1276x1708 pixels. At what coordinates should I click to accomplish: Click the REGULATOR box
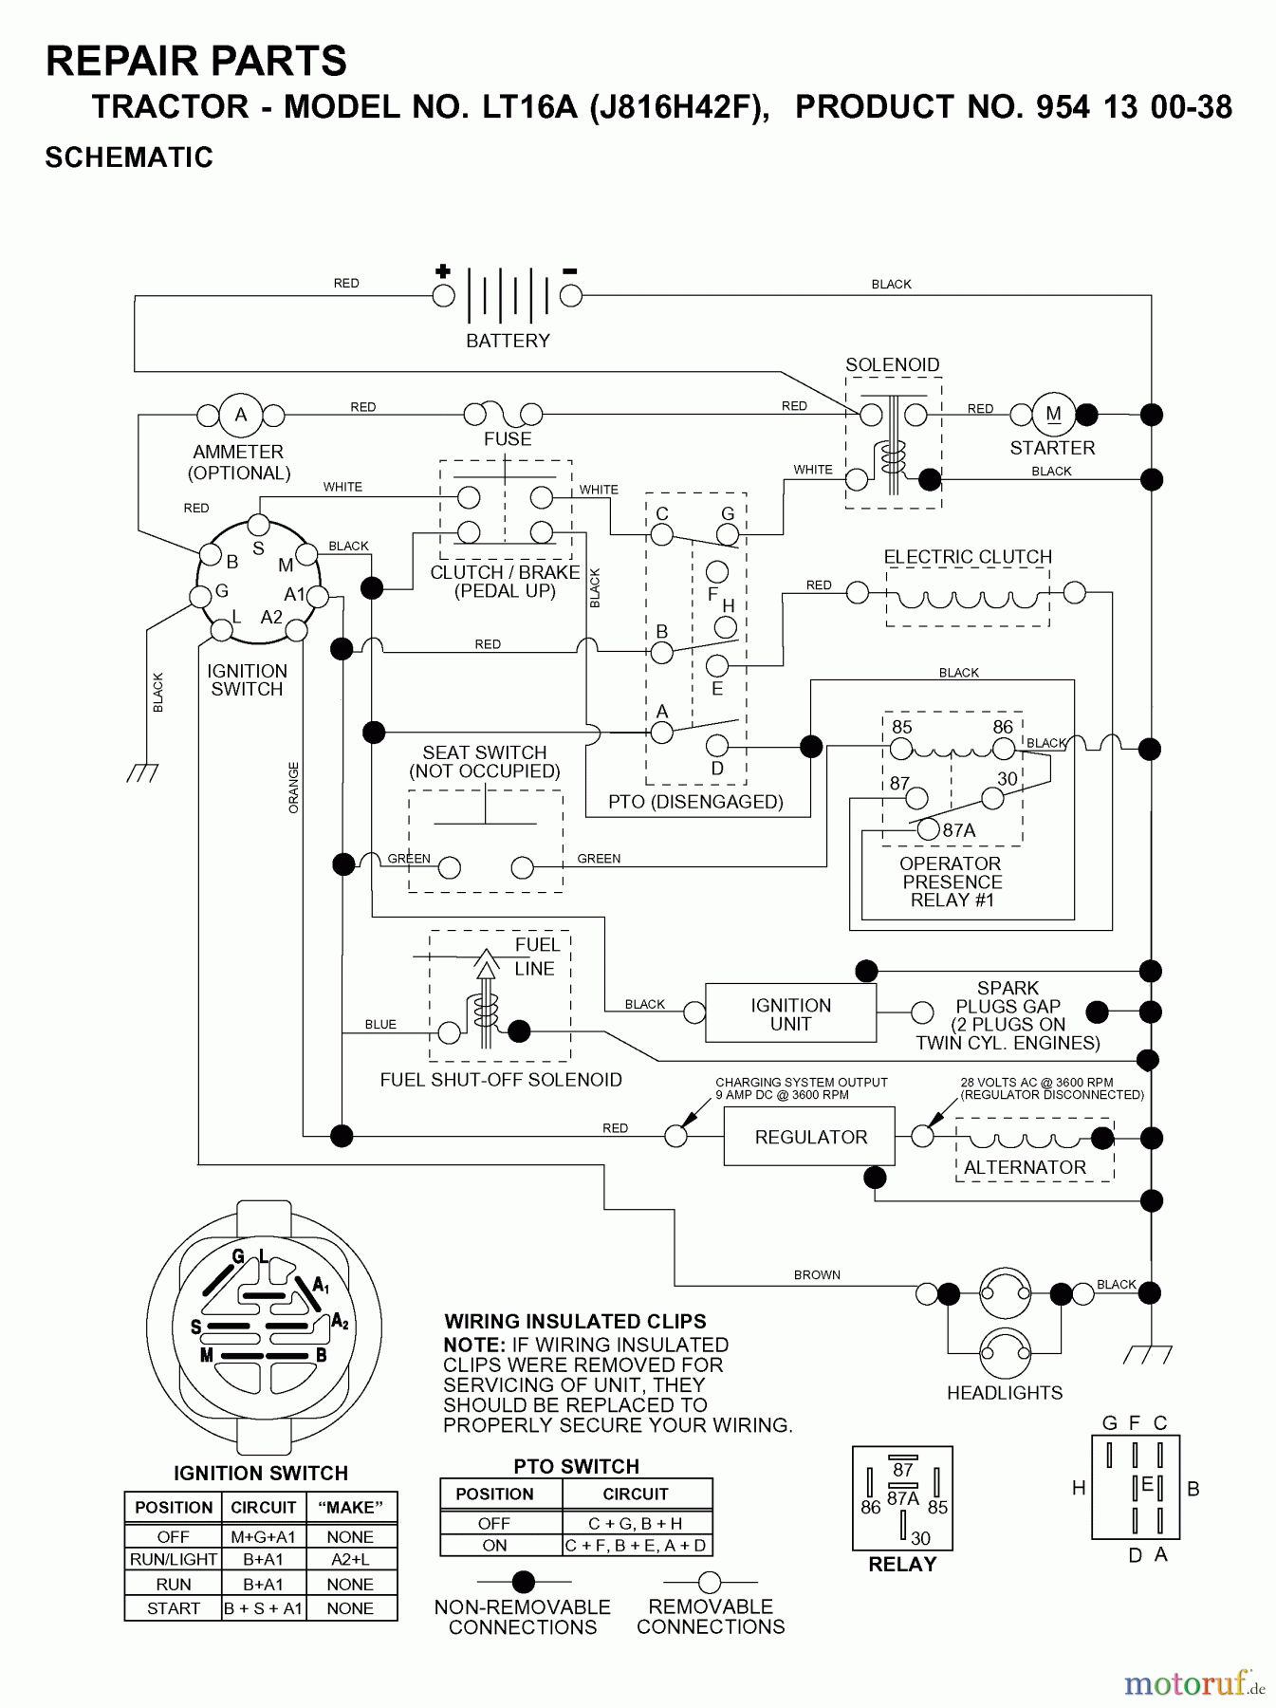pos(809,1136)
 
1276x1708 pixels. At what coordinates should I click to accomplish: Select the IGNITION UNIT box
pos(790,1014)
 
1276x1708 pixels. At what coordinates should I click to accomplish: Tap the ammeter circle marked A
pos(241,415)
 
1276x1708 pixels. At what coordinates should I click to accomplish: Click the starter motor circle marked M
pos(1053,414)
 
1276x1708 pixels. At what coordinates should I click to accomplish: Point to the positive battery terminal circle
pos(443,296)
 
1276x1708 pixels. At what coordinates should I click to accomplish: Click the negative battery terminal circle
pos(570,296)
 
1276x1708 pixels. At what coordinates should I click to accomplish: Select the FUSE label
pos(508,439)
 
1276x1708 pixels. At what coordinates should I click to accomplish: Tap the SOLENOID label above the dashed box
pos(892,364)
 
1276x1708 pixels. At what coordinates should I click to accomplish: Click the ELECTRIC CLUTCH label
pos(968,557)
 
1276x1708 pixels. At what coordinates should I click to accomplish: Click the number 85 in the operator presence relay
pos(901,727)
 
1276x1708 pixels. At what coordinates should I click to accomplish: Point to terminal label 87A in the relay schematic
pos(958,830)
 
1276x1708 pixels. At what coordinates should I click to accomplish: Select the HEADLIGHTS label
pos(1005,1393)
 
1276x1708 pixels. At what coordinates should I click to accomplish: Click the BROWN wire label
pos(817,1275)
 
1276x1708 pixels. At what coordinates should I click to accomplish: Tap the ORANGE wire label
pos(293,788)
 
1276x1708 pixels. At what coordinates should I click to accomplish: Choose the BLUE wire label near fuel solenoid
pos(380,1025)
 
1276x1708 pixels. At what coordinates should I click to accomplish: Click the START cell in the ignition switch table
pos(173,1608)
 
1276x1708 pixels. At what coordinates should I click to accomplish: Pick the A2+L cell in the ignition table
pos(350,1559)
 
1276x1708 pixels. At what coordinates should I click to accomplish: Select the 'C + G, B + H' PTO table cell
pos(635,1523)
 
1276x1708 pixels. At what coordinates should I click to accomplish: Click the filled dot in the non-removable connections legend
pos(523,1582)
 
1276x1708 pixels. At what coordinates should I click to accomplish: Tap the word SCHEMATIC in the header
pos(129,158)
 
